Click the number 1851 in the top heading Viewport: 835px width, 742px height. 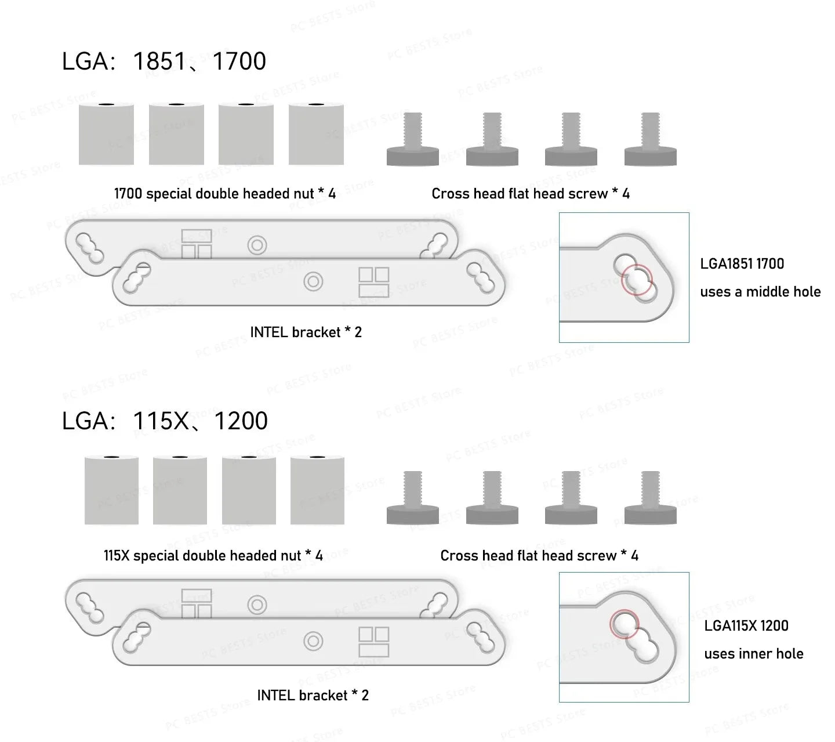tap(159, 61)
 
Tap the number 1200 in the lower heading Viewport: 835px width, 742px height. tap(241, 421)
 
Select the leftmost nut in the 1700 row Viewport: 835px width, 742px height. tap(106, 134)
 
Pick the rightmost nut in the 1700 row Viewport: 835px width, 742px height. tap(316, 134)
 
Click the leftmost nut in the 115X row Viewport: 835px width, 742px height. tap(111, 490)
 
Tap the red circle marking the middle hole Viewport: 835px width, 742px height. tap(637, 280)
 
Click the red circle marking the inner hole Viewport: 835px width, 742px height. tap(624, 623)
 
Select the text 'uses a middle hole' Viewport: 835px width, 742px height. tap(760, 292)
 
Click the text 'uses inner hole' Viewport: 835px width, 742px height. tap(753, 654)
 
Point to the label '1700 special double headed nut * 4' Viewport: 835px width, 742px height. tap(224, 194)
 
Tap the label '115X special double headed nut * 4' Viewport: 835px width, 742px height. tap(213, 556)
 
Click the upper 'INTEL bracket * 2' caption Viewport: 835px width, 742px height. tap(306, 332)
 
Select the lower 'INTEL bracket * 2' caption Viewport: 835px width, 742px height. tap(313, 695)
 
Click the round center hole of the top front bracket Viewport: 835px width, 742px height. tap(313, 282)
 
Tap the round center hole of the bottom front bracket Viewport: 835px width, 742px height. tap(313, 642)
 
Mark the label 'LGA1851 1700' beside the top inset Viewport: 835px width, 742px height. tap(742, 264)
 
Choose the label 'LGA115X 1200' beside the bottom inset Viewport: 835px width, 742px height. tap(746, 626)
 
